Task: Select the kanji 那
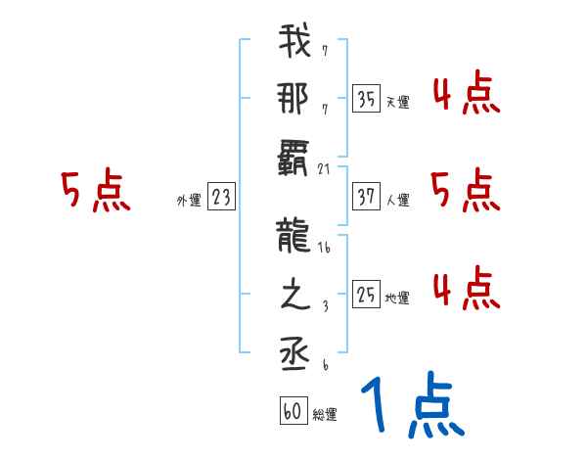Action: [294, 99]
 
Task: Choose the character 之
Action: [294, 297]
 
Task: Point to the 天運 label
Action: [396, 102]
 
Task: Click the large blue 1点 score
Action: [411, 406]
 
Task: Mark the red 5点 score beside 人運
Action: [465, 191]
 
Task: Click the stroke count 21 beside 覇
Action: [324, 169]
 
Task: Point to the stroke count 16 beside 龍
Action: [324, 250]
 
